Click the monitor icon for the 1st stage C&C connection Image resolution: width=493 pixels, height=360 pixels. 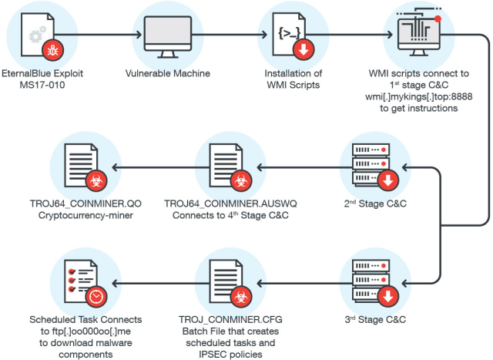(413, 35)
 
